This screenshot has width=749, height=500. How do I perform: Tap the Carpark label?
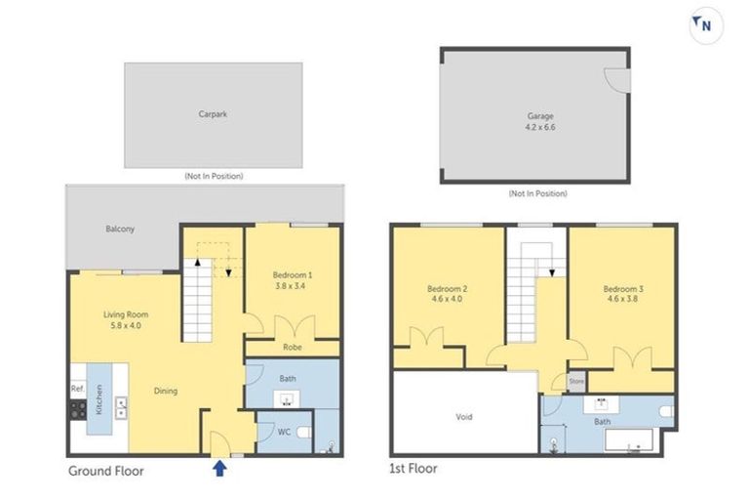click(213, 114)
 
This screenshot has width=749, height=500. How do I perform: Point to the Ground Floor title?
click(105, 471)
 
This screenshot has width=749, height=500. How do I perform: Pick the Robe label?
click(292, 347)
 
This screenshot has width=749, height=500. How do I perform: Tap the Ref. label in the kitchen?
click(78, 389)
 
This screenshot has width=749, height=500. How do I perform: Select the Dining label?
click(165, 392)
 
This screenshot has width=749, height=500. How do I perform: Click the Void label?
click(463, 416)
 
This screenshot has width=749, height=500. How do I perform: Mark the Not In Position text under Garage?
click(537, 194)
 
